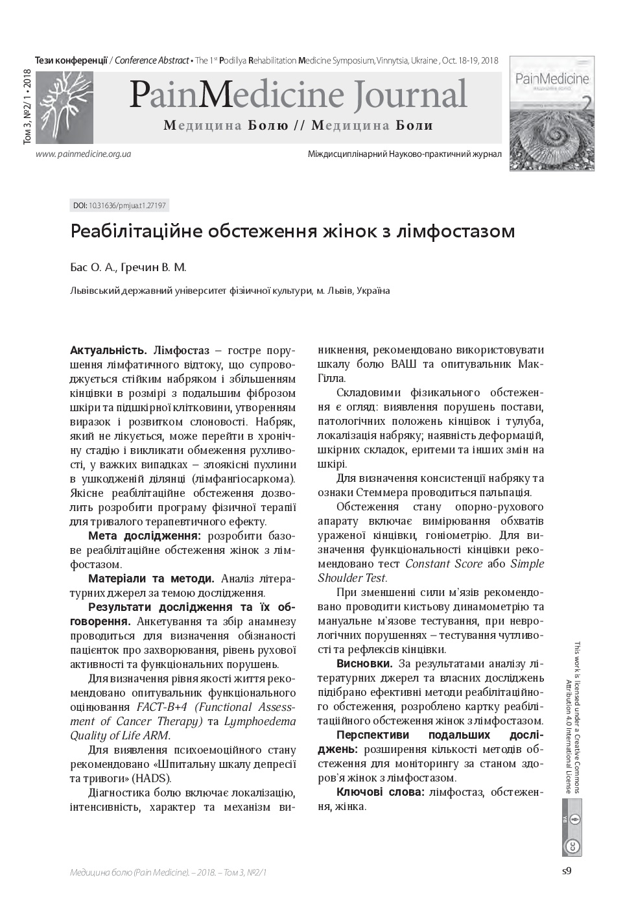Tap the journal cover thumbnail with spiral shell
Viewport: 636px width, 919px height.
(x=552, y=113)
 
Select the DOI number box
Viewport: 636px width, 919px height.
(x=119, y=206)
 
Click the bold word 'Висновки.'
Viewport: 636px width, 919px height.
(x=364, y=663)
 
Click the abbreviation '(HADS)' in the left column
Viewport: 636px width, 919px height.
(x=151, y=778)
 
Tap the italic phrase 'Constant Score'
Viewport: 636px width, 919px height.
(x=443, y=564)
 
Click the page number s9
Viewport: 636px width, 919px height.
(x=566, y=870)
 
